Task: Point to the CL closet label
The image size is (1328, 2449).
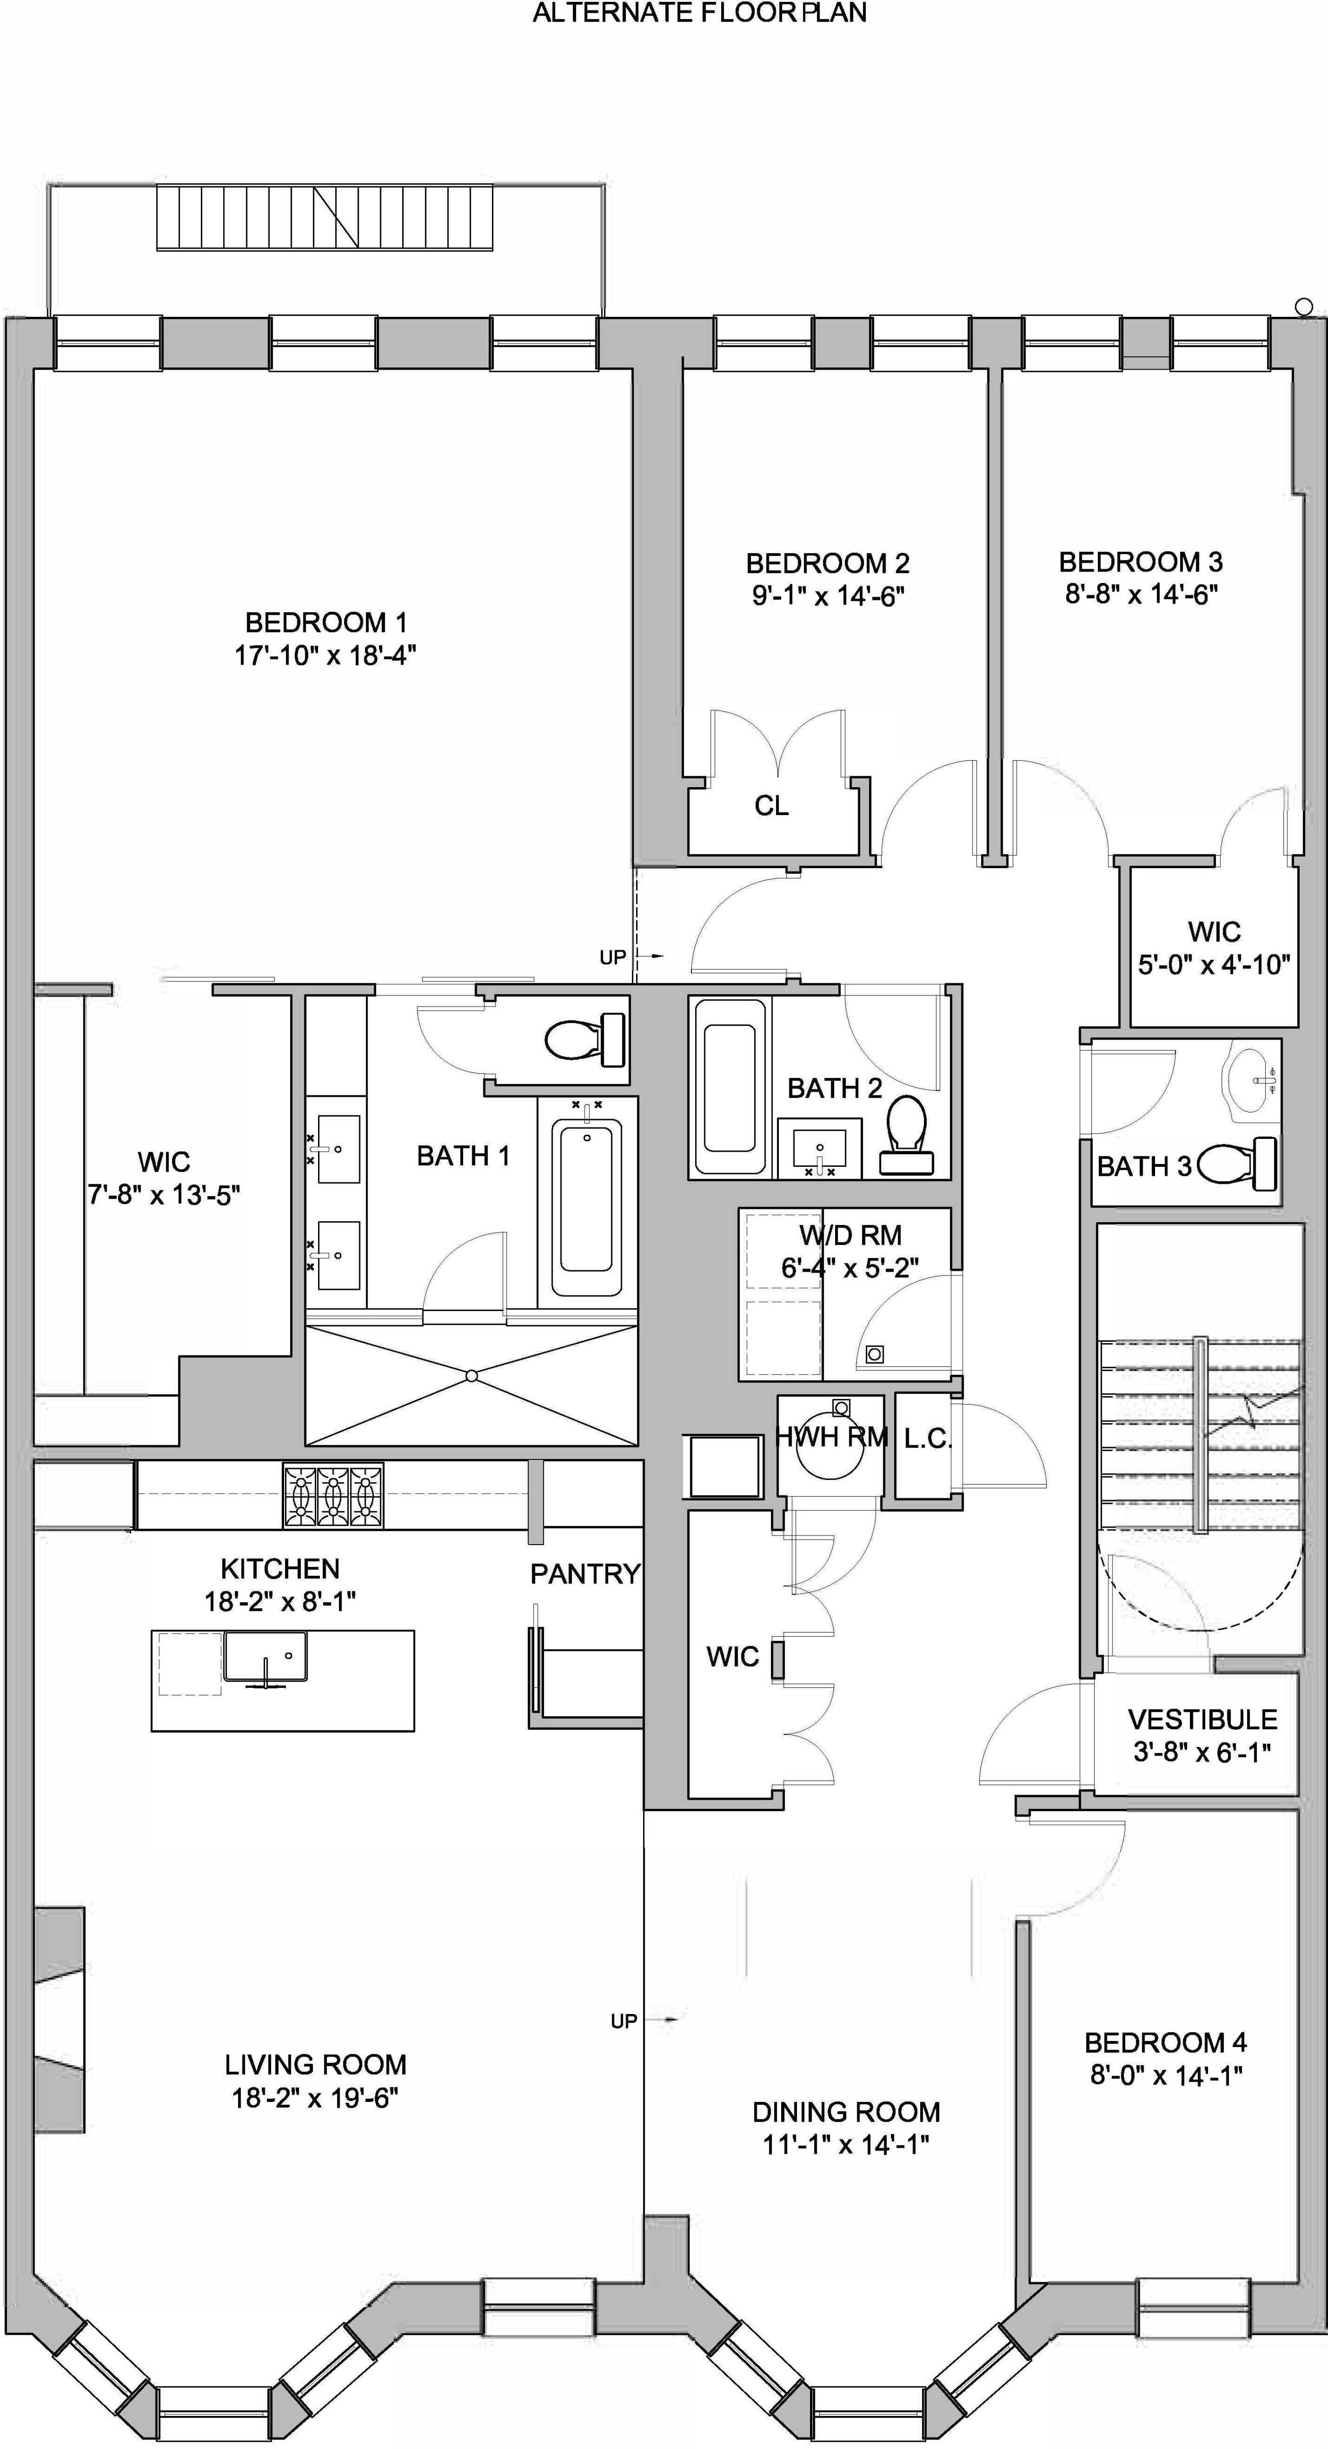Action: click(771, 806)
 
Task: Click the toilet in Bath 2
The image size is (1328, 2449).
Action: click(906, 1131)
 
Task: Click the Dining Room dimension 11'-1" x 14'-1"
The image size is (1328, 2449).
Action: click(845, 2145)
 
